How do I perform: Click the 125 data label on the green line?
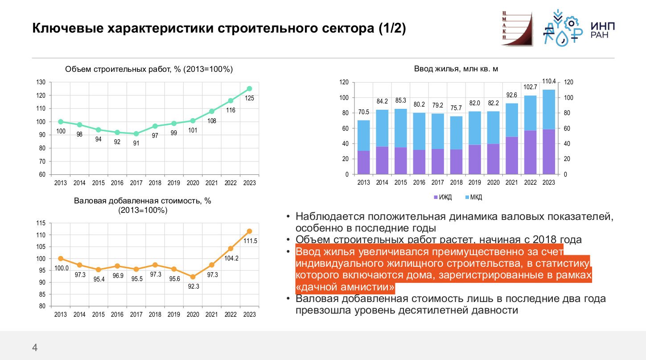(249, 98)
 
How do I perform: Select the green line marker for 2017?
(136, 133)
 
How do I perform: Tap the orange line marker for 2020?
(193, 277)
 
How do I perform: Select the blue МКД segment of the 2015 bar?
(401, 128)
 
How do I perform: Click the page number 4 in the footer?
(35, 348)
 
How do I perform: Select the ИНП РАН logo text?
(602, 30)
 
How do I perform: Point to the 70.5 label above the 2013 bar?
(364, 112)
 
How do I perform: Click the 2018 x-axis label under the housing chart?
(457, 182)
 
